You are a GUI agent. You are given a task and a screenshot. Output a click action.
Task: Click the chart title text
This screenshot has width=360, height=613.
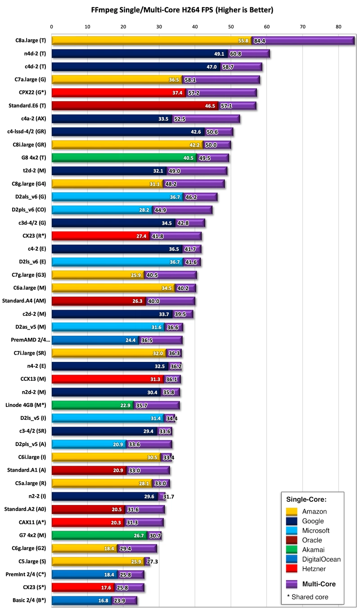(182, 9)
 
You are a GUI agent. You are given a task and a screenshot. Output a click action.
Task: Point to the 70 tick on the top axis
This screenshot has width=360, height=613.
(302, 27)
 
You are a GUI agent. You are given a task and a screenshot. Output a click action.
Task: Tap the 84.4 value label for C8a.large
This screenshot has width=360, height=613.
(260, 41)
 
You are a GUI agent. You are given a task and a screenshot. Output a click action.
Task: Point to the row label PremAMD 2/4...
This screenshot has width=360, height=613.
(29, 340)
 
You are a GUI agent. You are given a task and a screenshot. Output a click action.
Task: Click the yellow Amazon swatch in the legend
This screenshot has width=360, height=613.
(292, 511)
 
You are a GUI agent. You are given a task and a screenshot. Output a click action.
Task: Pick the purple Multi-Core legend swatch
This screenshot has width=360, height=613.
(292, 584)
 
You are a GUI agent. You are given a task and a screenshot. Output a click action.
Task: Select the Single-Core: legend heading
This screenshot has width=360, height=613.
(306, 500)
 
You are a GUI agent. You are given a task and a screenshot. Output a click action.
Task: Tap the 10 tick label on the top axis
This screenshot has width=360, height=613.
(88, 27)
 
